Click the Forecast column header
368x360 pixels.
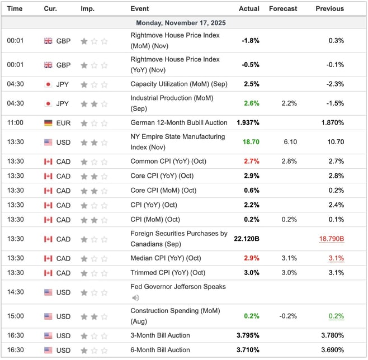(x=283, y=8)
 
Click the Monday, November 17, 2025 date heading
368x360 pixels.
(x=184, y=23)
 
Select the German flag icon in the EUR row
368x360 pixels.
(x=48, y=122)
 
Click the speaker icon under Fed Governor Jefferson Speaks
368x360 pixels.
(x=135, y=298)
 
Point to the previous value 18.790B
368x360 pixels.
(x=332, y=239)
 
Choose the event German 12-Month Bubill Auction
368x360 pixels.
(x=179, y=122)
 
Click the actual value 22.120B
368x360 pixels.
(x=247, y=239)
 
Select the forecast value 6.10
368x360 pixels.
(x=290, y=142)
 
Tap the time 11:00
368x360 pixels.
(x=15, y=122)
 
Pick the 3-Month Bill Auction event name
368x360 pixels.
(x=160, y=335)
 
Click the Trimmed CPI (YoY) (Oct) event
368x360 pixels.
(x=168, y=273)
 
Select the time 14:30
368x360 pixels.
(x=15, y=292)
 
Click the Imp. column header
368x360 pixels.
(x=87, y=8)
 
